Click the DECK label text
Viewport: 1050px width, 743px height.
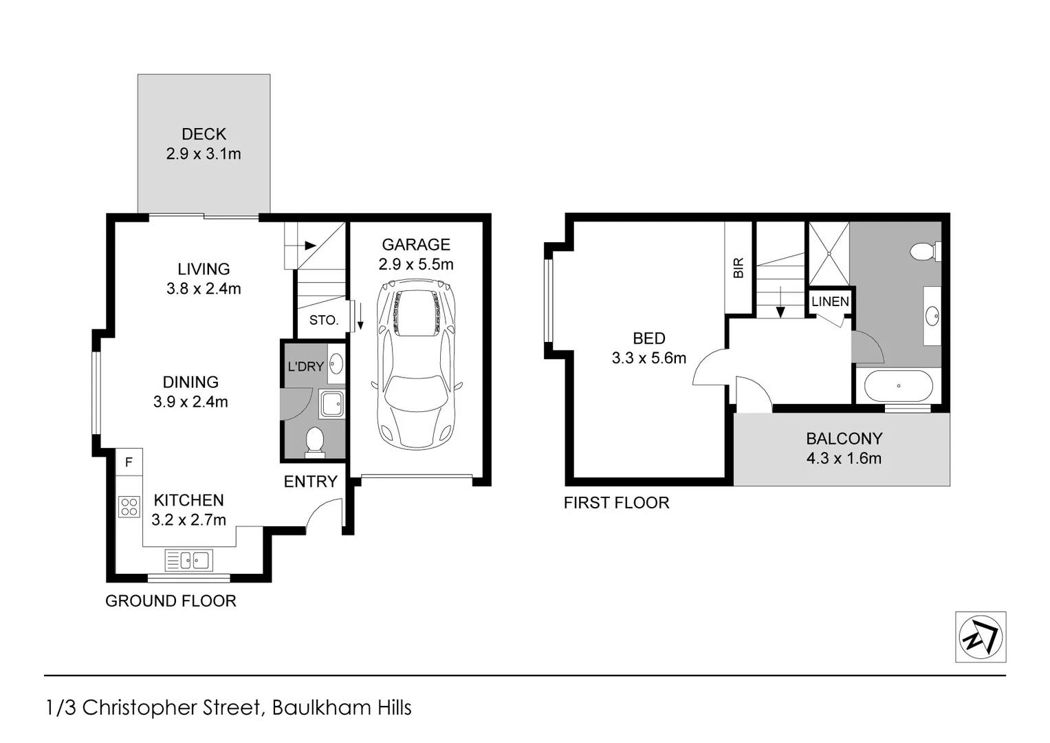(x=204, y=134)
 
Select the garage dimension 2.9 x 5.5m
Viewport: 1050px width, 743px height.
(x=415, y=264)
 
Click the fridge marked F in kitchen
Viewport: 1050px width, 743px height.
(x=129, y=462)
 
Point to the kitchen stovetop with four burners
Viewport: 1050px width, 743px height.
(x=129, y=507)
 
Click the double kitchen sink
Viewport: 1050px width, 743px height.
(x=188, y=560)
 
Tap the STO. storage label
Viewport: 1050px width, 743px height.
(x=323, y=320)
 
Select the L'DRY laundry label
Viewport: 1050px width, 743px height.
(x=305, y=367)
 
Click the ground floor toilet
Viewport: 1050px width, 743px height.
(x=314, y=442)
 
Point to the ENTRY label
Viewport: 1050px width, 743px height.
(x=310, y=482)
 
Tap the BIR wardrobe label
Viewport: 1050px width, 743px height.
(x=739, y=268)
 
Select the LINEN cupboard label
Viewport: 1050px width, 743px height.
(x=830, y=301)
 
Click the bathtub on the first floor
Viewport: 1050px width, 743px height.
(x=898, y=386)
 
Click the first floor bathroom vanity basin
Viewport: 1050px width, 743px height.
(x=932, y=316)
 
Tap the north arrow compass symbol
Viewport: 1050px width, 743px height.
(x=981, y=637)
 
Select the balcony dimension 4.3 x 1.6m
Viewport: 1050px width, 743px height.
(x=844, y=458)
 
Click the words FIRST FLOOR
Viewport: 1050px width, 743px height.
(x=616, y=503)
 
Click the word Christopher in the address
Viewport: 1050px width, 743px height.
(x=171, y=707)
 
